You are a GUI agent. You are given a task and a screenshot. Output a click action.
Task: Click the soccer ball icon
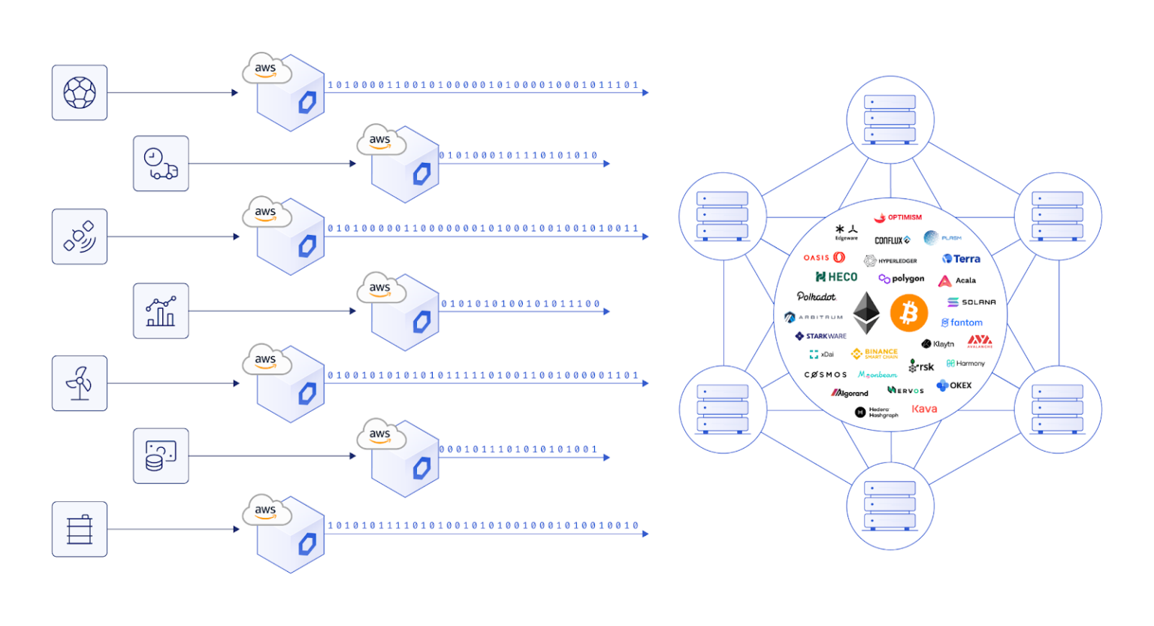[x=80, y=92]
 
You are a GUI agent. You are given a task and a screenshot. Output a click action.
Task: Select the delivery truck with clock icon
[x=161, y=164]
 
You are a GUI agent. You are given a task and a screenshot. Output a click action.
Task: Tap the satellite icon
[x=80, y=237]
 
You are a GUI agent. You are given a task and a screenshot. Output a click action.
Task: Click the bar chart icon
[x=161, y=311]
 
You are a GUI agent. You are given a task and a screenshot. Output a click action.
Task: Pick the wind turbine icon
[x=80, y=383]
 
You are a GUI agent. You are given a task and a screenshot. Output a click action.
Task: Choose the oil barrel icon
[x=80, y=529]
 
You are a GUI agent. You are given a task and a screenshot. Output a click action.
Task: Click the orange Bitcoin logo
[x=909, y=313]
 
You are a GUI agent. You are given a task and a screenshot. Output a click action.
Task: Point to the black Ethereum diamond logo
[x=866, y=313]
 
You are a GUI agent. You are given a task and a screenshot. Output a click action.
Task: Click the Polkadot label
[x=816, y=297]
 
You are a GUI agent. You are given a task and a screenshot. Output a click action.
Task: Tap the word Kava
[x=924, y=409]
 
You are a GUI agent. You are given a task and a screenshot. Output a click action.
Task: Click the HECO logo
[x=836, y=277]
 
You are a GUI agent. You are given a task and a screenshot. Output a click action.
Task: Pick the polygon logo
[x=902, y=279]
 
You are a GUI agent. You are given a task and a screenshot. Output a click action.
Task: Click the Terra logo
[x=962, y=259]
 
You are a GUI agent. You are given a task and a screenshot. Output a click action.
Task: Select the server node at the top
[x=890, y=119]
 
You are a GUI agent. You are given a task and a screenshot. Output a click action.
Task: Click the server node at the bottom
[x=890, y=506]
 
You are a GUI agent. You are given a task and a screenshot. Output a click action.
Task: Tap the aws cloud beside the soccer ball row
[x=266, y=69]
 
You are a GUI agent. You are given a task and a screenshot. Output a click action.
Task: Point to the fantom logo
[x=962, y=322]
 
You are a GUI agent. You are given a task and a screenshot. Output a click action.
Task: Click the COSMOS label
[x=826, y=374]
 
